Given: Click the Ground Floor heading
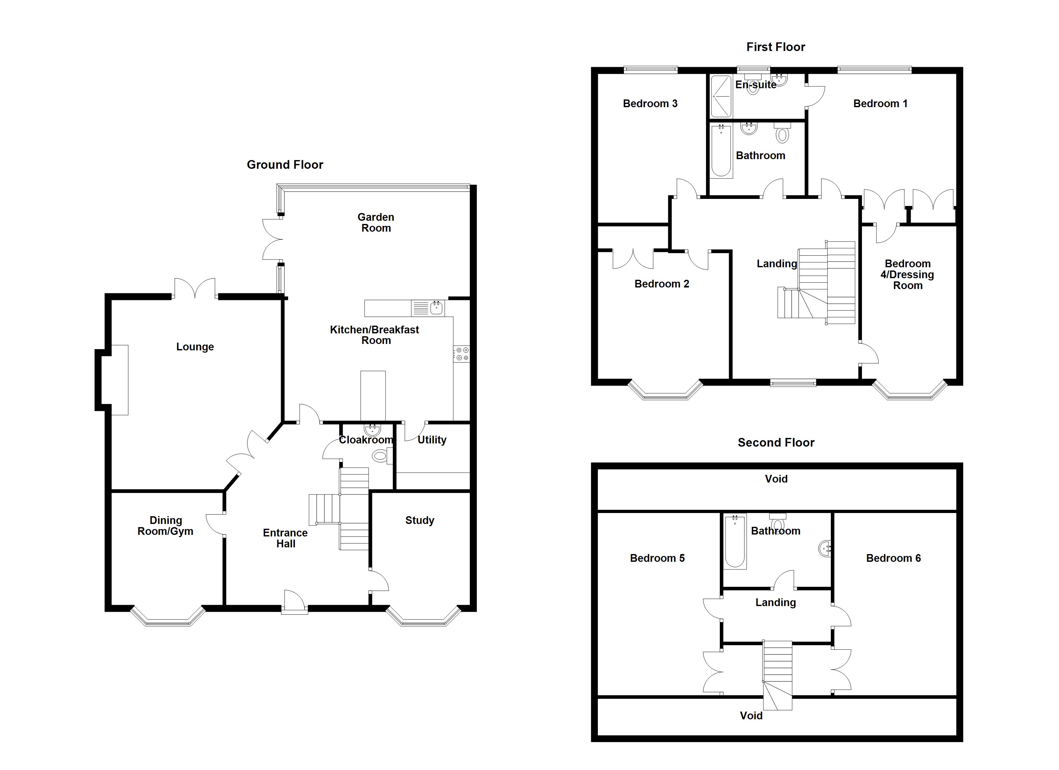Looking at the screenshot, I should click(x=285, y=165).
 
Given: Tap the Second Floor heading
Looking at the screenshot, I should click(x=776, y=443).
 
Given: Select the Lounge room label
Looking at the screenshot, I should click(x=195, y=347).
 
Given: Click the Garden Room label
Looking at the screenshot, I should click(x=376, y=223).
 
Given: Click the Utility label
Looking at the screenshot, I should click(x=431, y=440).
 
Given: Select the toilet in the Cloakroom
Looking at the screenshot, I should click(x=381, y=456).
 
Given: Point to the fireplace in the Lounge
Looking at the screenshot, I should click(x=119, y=380).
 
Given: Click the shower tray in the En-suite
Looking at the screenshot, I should click(x=720, y=97).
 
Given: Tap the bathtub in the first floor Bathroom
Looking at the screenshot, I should click(x=721, y=151).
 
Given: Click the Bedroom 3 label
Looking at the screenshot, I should click(x=650, y=104).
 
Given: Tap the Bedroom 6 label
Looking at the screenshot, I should click(x=893, y=559).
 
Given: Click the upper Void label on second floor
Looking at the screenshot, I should click(x=776, y=479).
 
